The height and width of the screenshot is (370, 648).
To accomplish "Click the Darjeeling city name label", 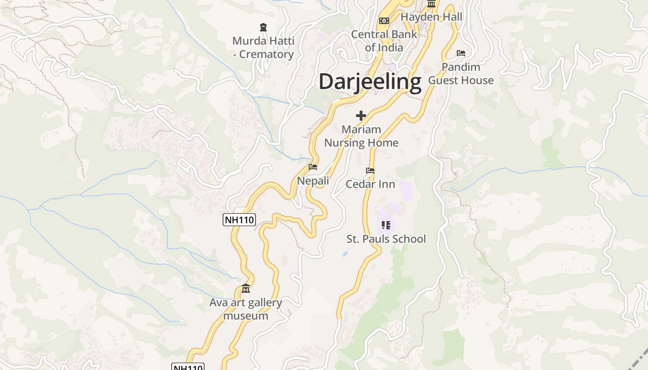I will tap(370, 82).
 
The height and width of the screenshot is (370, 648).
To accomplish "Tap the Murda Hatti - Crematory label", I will tap(263, 48).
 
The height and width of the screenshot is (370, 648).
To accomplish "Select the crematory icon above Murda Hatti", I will tap(263, 27).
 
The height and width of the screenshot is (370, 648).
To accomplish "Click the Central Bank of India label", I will tap(384, 41).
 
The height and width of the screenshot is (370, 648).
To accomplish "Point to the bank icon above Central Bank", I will tap(384, 21).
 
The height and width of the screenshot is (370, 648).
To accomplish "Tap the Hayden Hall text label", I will tap(431, 17).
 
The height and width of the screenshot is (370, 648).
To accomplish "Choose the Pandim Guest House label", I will tap(461, 74).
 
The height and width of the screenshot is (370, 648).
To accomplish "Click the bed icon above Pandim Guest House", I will tap(461, 53).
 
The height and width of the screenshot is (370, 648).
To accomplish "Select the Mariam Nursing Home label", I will tap(361, 136).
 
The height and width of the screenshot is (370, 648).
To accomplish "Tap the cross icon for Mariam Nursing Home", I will tap(361, 116).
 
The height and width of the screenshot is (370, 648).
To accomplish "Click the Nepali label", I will tap(313, 181).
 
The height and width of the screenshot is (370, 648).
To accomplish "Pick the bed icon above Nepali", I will tap(313, 167).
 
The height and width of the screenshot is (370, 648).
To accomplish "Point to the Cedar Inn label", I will tap(370, 184).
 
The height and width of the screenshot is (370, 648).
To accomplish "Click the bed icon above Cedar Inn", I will tap(370, 171).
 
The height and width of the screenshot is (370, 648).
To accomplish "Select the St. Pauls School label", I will tap(386, 239).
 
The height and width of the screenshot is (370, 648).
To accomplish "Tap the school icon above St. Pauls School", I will tap(386, 225).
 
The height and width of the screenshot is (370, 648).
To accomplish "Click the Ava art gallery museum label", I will tap(245, 309).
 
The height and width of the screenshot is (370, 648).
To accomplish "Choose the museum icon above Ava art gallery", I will tap(246, 289).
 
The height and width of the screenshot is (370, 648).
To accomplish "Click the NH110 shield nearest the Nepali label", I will tap(239, 220).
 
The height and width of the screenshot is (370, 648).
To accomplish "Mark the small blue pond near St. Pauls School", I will tap(345, 254).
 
